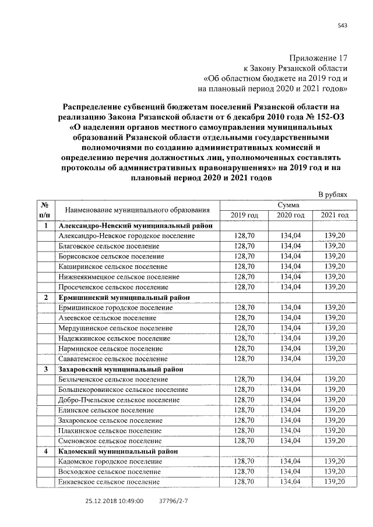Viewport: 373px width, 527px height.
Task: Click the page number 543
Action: coord(343,24)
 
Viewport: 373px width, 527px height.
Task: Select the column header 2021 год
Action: coord(335,215)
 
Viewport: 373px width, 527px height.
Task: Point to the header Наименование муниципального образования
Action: coord(137,210)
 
